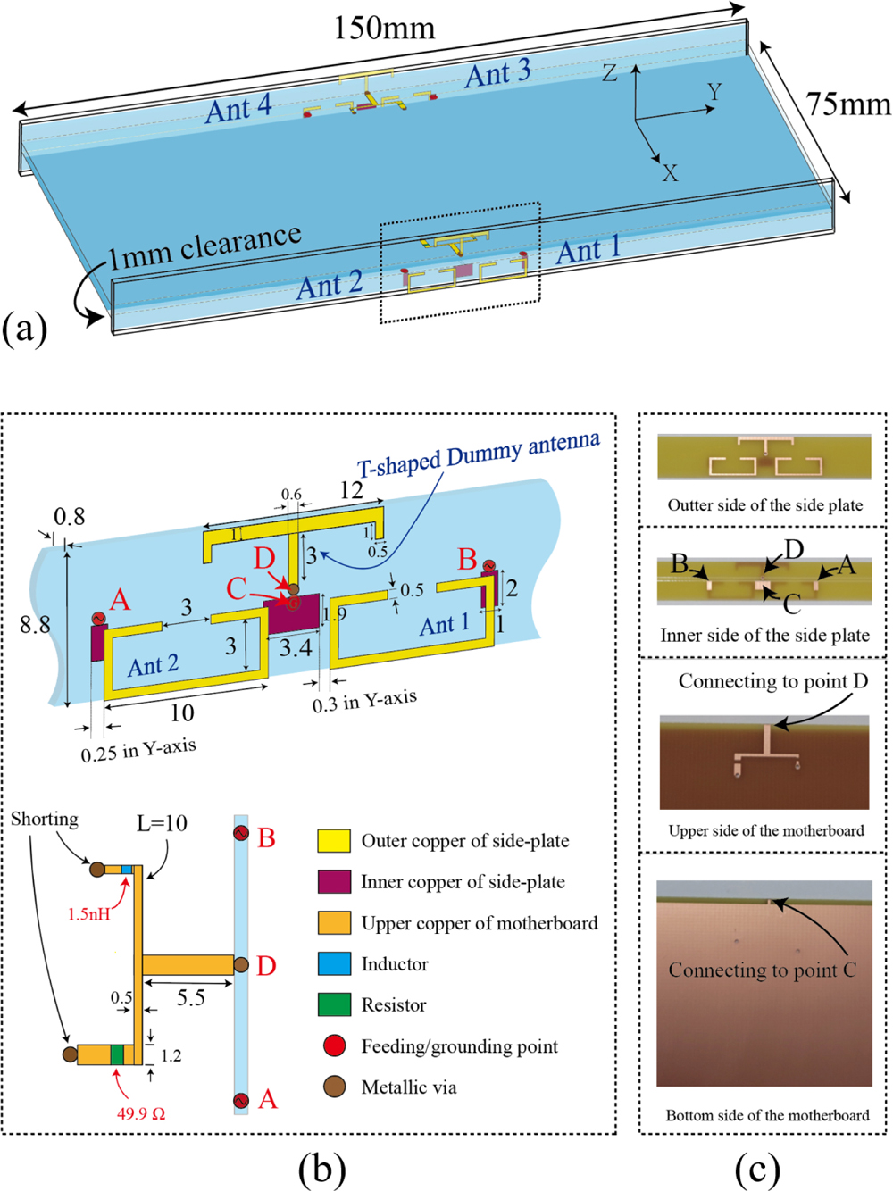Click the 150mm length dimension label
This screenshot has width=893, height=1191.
click(384, 29)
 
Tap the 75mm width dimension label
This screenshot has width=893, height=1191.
click(848, 105)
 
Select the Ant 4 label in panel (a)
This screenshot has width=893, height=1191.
click(238, 109)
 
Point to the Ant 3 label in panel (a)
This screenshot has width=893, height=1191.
click(497, 73)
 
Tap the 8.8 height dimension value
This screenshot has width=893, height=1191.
click(36, 624)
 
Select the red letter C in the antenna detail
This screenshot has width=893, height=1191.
click(237, 588)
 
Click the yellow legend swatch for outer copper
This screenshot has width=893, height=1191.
click(334, 841)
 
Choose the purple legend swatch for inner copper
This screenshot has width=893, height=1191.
click(334, 882)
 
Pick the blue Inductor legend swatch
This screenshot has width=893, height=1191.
click(334, 964)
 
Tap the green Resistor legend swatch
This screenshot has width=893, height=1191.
click(334, 1005)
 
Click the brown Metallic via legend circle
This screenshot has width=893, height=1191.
click(334, 1087)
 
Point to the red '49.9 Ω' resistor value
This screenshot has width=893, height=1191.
click(141, 1113)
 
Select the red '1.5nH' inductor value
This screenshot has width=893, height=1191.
click(89, 914)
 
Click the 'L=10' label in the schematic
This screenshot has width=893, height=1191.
click(162, 823)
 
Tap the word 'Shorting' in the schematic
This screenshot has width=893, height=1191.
click(45, 819)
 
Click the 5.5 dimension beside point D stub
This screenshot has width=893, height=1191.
click(190, 997)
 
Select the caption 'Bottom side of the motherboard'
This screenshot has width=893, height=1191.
click(767, 1115)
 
